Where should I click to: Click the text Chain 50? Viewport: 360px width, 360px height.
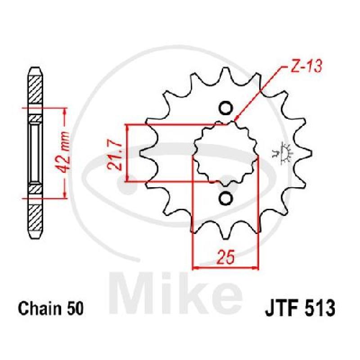coord(50,308)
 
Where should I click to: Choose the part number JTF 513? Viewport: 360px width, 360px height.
coord(300,308)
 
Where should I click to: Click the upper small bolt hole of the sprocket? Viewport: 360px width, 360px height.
coord(226,108)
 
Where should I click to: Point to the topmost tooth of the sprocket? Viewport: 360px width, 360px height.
coord(226,73)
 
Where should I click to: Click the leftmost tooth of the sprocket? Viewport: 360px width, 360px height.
coord(147,153)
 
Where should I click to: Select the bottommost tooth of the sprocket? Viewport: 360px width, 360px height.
coord(226,232)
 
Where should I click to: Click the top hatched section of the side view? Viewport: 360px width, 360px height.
coord(35,90)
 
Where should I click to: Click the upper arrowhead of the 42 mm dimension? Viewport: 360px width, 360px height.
coord(65,111)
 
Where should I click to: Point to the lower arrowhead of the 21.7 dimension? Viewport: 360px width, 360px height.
coord(128,178)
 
